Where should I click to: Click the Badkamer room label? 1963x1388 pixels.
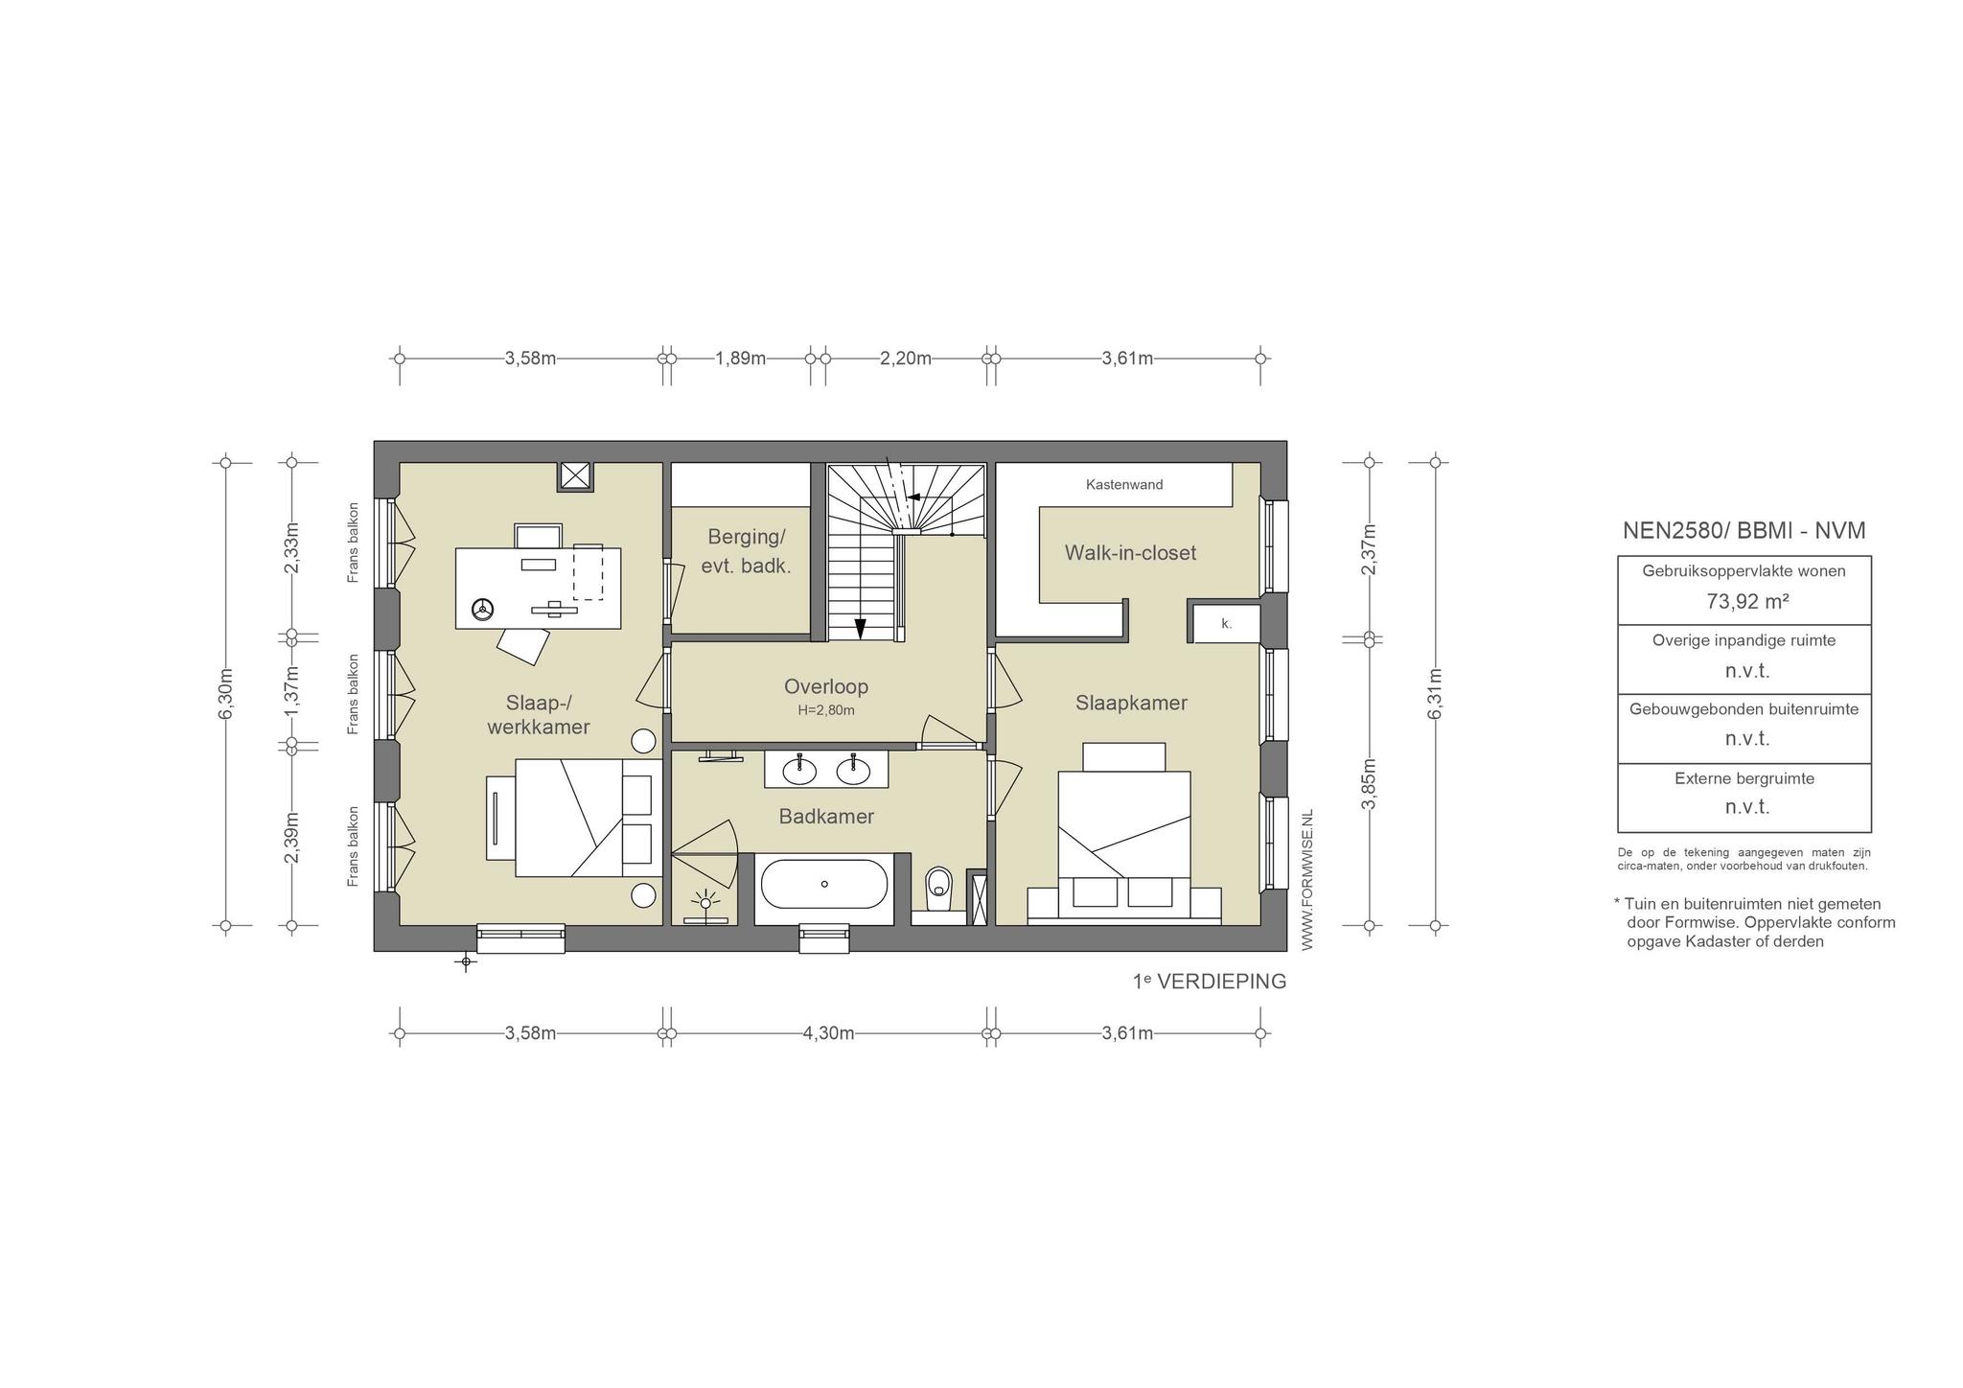pos(826,817)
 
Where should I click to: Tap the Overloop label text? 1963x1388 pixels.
pos(826,686)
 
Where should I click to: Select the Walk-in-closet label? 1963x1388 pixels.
pos(1130,553)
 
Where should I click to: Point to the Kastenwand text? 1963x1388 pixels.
pos(1124,485)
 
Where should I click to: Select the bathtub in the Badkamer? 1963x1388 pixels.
pos(824,884)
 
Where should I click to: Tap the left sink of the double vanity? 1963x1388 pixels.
pos(798,768)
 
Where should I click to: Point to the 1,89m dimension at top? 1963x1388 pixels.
pos(741,359)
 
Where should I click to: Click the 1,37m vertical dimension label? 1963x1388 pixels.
pos(291,690)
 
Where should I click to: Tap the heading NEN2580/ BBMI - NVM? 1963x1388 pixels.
pos(1744,530)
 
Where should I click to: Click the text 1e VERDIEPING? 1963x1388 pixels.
pos(1210,982)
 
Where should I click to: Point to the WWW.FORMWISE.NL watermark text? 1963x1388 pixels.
pos(1307,880)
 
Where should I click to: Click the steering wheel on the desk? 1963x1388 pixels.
pos(482,608)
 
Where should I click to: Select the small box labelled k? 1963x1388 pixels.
pos(1226,623)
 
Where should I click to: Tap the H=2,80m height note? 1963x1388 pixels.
pos(826,710)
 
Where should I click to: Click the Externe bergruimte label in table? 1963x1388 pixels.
pos(1744,778)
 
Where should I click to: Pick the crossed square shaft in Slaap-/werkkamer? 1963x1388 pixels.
pos(576,475)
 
